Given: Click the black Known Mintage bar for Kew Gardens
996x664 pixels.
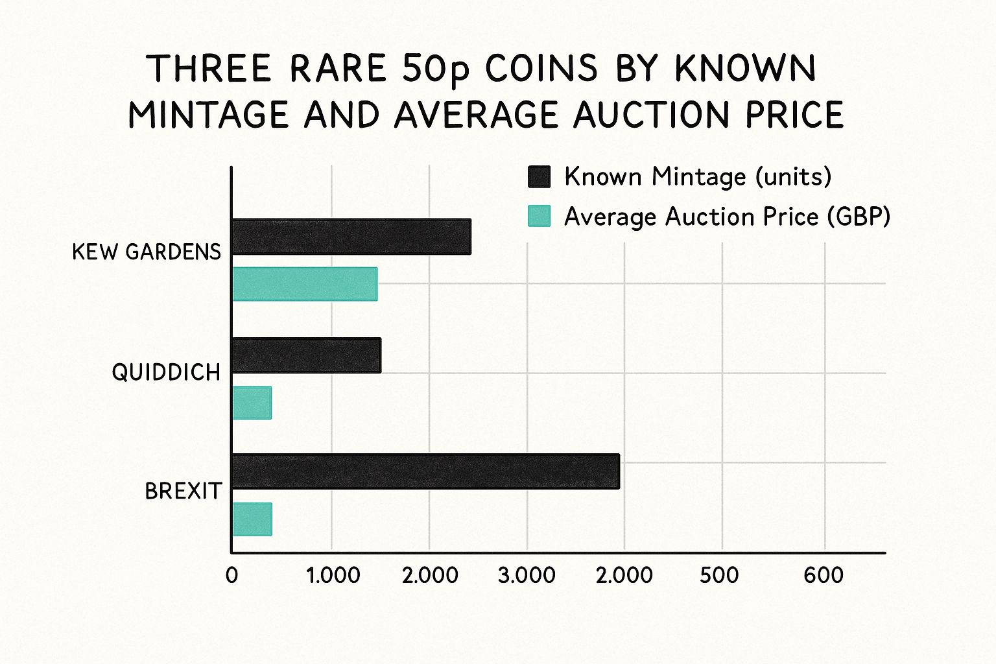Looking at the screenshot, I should click(351, 237).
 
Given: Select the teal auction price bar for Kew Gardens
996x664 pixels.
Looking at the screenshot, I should click(305, 284).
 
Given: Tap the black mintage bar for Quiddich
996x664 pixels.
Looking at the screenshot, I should click(306, 355).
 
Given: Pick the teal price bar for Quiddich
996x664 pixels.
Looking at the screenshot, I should click(252, 403).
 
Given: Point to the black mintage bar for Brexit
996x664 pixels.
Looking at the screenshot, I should click(425, 471).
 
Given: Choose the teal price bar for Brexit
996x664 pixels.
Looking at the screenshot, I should click(252, 519).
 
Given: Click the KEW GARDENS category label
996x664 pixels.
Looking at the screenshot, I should click(147, 252).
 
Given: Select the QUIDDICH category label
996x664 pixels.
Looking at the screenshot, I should click(166, 372).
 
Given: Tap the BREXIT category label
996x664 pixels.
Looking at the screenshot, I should click(183, 491).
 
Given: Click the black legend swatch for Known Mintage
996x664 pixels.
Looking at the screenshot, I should click(539, 176).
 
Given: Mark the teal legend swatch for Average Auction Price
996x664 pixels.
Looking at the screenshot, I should click(539, 216).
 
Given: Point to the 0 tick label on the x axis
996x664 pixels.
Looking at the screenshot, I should click(231, 575).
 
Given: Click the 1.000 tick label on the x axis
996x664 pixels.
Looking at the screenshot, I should click(333, 575).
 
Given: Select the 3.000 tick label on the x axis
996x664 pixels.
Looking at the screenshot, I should click(527, 575).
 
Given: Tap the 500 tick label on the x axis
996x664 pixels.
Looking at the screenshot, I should click(719, 575).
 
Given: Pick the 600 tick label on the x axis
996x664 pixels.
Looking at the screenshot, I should click(824, 575).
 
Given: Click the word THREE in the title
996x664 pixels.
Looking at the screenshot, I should click(209, 69).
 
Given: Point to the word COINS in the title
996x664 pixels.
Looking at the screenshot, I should click(541, 69).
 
